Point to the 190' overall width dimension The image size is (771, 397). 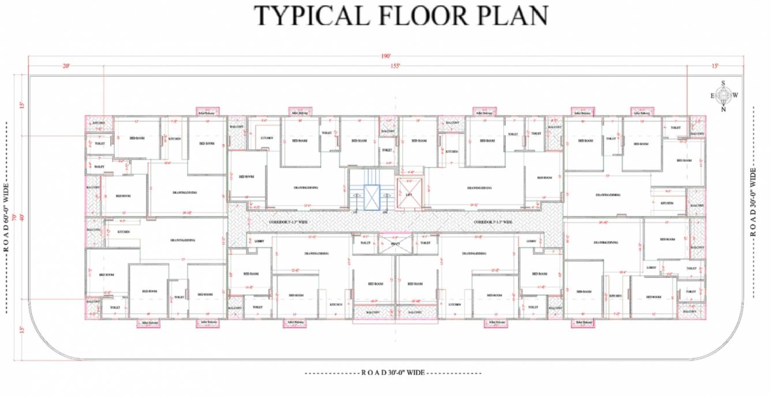[x=385, y=56]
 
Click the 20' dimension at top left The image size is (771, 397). [x=66, y=66]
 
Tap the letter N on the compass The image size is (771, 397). [x=723, y=109]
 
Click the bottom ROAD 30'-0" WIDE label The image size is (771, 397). [x=392, y=373]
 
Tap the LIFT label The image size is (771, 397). [x=409, y=195]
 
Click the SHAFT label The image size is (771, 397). [x=395, y=243]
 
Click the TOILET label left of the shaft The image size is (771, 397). [x=365, y=243]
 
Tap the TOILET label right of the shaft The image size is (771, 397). [x=425, y=243]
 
